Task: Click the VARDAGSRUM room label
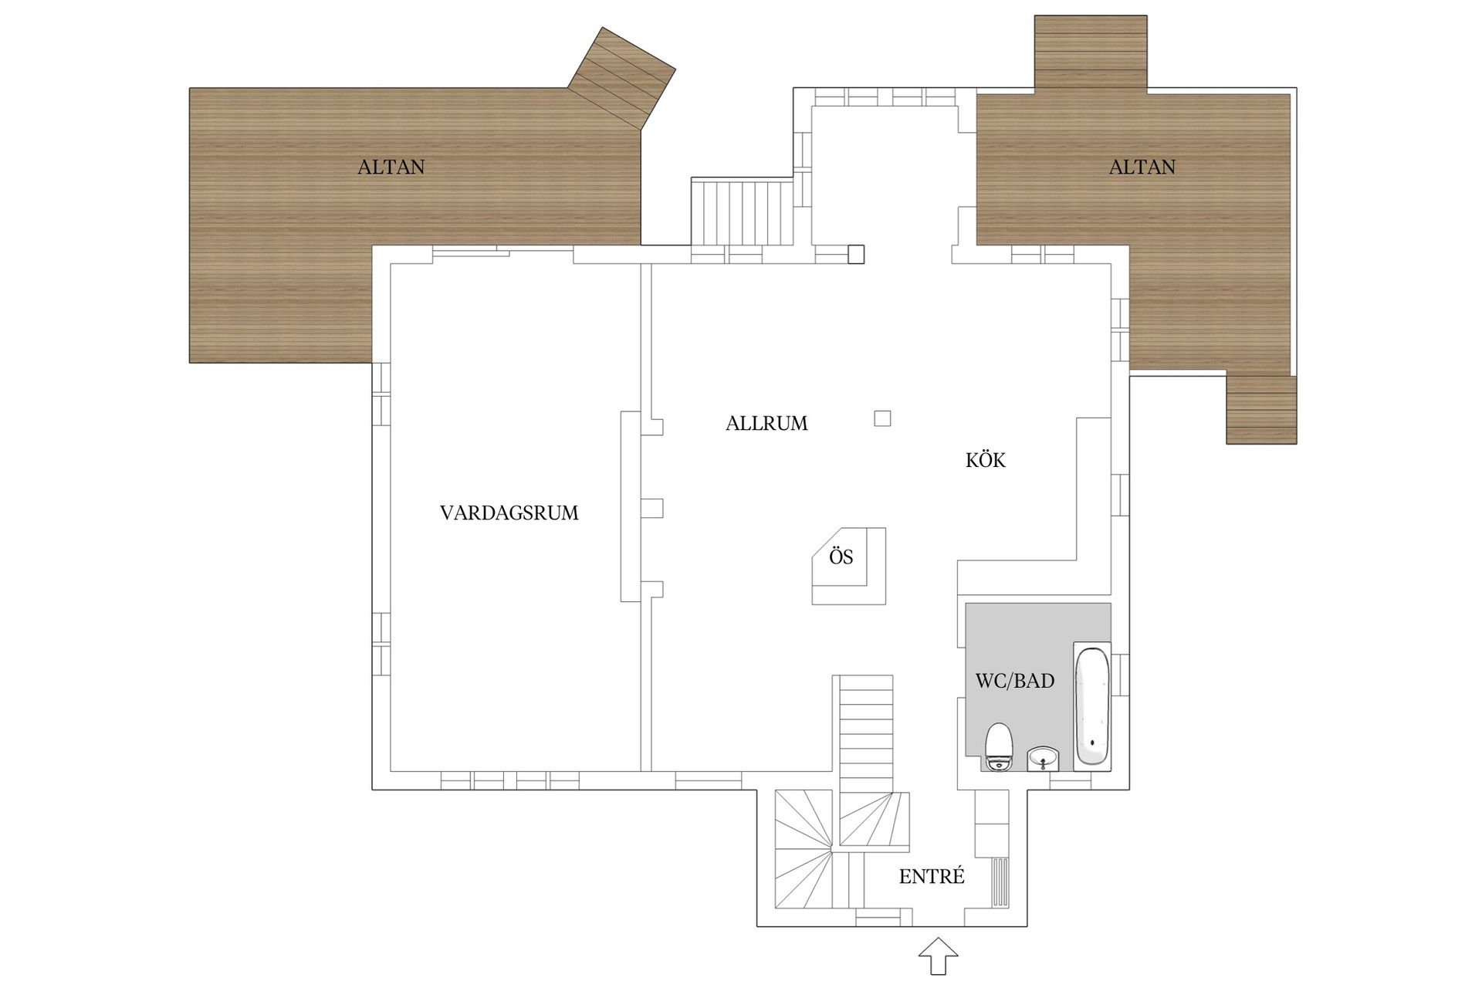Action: [x=509, y=513]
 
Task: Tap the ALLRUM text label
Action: [x=766, y=423]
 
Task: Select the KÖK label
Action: [x=986, y=460]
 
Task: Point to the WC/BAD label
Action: [x=1014, y=681]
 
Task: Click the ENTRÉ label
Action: [x=932, y=877]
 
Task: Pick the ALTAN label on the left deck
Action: [x=391, y=167]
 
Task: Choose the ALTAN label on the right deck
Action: [x=1142, y=167]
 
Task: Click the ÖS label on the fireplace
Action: [x=841, y=557]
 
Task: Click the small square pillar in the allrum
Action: [x=882, y=418]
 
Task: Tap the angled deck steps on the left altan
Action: [x=622, y=77]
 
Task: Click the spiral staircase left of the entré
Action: [x=803, y=857]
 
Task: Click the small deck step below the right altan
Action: [x=1261, y=410]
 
